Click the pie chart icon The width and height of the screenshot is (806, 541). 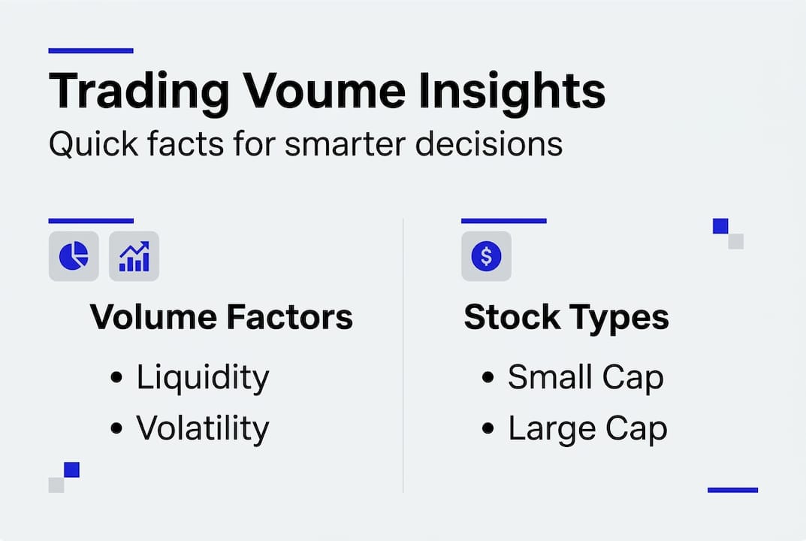[x=74, y=256]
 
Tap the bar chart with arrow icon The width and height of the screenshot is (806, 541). [x=134, y=256]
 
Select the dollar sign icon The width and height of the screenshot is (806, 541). [x=486, y=256]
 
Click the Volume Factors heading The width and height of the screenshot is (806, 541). [x=222, y=318]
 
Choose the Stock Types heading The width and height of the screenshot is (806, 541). [x=566, y=318]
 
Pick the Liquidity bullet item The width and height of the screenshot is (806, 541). [x=202, y=377]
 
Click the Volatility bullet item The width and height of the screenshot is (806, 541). [x=202, y=428]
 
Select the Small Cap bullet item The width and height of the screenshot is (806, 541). [x=585, y=377]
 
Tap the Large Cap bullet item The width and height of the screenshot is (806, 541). [x=587, y=429]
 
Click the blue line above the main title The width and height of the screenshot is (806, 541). [x=91, y=51]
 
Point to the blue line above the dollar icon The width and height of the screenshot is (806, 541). [x=503, y=221]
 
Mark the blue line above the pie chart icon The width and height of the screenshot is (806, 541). [x=91, y=221]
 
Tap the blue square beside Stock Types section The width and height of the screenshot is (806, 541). [x=720, y=226]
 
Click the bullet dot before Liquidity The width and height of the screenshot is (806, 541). [x=116, y=378]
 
